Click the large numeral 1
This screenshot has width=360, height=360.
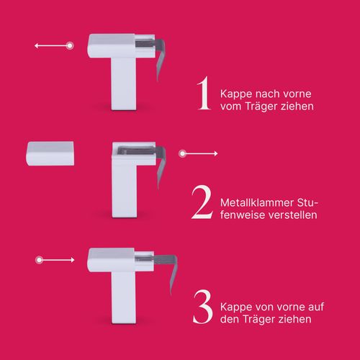coord(204,93)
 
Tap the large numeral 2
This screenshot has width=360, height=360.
coord(202,202)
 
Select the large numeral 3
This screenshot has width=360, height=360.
coord(203,307)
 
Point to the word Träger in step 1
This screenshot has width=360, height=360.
coord(261,107)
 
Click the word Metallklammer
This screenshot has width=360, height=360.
coord(256,203)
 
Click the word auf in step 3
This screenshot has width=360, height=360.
coord(316,307)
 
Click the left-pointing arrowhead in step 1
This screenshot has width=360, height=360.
coord(37,45)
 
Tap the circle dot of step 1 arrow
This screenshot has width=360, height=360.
coord(70,45)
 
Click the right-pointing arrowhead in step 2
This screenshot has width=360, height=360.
coord(216,153)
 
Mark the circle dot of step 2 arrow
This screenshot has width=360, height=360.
coord(182,153)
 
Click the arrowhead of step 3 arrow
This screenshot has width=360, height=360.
coord(73,260)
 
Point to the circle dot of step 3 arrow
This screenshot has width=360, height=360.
coord(39,260)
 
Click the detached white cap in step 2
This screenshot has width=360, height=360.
coord(50,153)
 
